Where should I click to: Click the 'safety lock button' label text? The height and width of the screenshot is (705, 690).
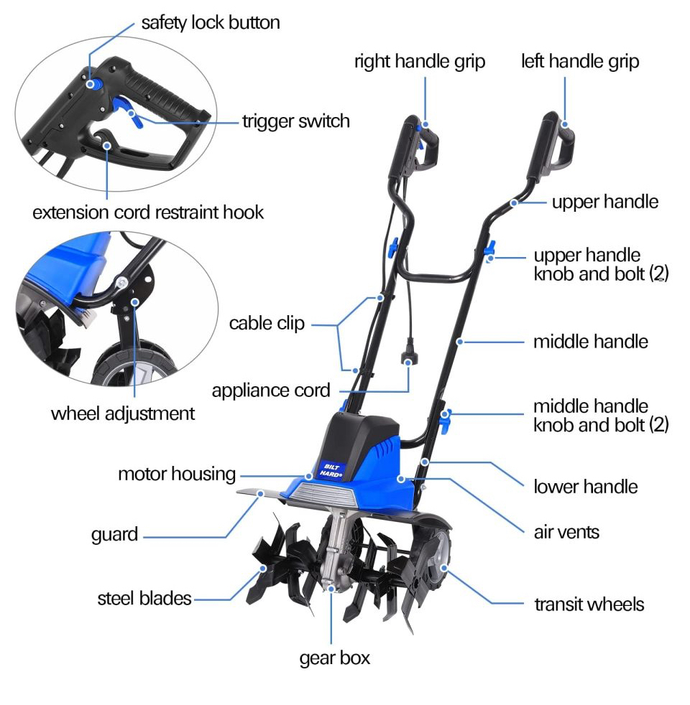[210, 23]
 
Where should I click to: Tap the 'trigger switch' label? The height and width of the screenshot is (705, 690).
[295, 121]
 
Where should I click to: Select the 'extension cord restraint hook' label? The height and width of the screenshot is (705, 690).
[149, 213]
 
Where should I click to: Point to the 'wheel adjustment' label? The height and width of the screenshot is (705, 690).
[123, 414]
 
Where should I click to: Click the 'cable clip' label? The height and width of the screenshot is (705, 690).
[267, 324]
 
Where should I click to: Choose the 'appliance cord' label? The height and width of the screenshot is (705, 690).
[270, 391]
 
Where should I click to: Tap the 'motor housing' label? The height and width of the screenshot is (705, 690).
[177, 474]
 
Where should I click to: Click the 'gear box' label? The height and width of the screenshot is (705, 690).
[335, 657]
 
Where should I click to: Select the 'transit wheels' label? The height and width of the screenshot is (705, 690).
[589, 604]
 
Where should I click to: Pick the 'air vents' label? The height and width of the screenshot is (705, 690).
[566, 532]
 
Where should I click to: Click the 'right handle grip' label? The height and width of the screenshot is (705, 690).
[420, 62]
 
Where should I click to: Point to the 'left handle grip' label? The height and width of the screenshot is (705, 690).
[580, 62]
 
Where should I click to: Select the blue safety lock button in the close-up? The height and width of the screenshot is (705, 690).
[93, 83]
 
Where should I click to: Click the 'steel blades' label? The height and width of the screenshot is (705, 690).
[144, 598]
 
